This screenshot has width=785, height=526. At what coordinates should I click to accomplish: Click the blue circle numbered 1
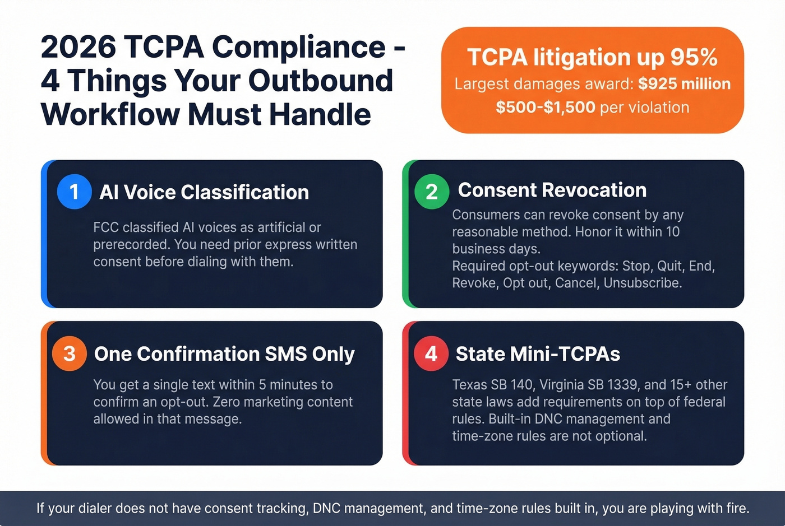(x=74, y=192)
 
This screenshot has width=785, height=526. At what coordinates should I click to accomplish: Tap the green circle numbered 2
(x=431, y=192)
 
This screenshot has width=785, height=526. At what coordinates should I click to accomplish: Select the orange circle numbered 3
(x=69, y=353)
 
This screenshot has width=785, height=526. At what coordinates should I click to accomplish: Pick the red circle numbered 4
(x=431, y=353)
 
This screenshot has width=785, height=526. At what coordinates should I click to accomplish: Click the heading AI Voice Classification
(x=204, y=192)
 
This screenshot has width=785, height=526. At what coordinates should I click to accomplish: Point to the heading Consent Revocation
(x=552, y=190)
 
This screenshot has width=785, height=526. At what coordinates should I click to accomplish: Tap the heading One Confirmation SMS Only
(x=224, y=354)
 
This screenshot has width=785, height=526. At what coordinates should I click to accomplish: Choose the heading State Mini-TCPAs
(x=538, y=354)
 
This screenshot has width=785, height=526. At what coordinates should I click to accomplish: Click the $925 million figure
(x=684, y=84)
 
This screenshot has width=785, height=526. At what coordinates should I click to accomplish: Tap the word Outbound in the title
(x=321, y=81)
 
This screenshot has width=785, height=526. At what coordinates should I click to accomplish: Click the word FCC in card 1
(x=106, y=227)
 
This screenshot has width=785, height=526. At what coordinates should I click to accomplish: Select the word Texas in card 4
(x=469, y=385)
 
